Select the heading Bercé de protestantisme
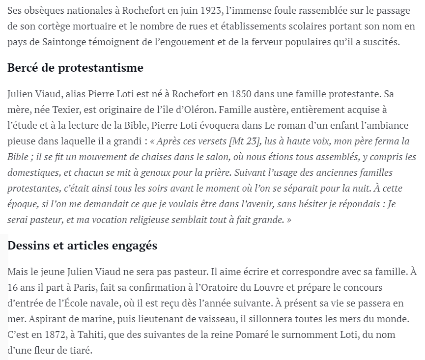click(x=75, y=68)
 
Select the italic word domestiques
click(x=32, y=173)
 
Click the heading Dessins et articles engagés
click(x=83, y=245)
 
